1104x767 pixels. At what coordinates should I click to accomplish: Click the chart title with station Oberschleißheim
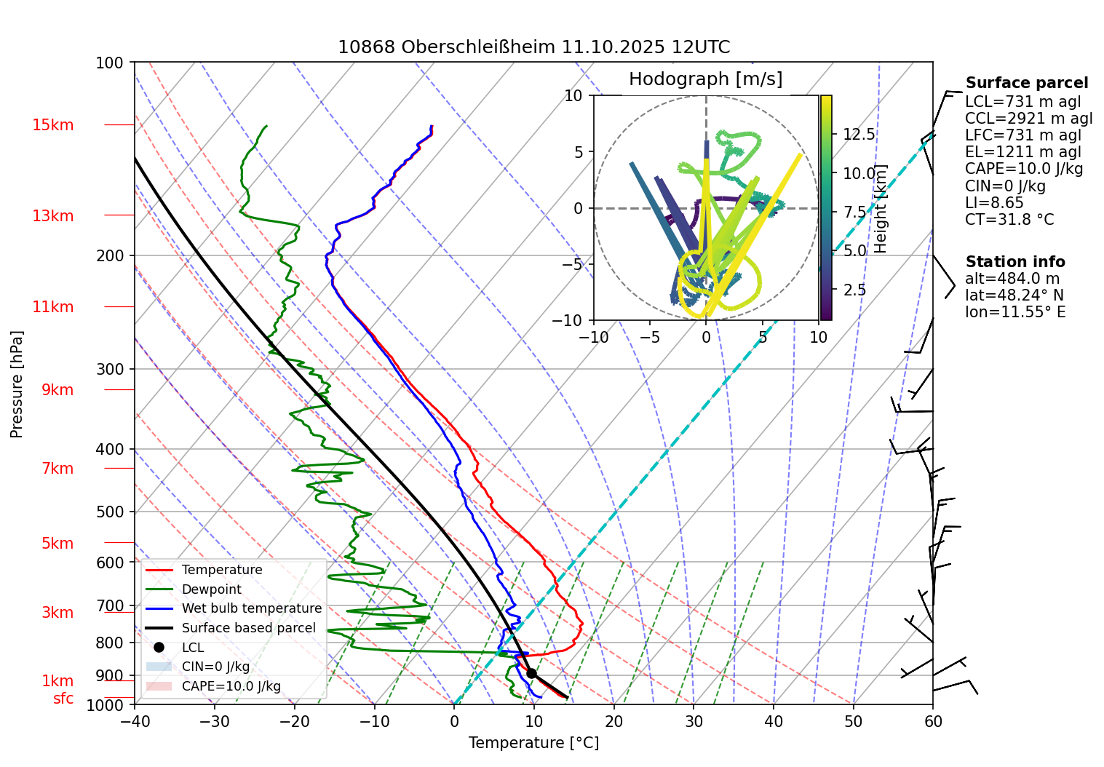[x=533, y=47]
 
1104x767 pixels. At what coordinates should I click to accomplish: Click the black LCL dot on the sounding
[x=532, y=673]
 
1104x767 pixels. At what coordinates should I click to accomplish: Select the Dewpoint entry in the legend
[x=211, y=589]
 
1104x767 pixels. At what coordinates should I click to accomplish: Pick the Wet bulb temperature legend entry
[x=251, y=608]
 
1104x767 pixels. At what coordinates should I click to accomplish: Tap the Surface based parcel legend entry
[x=248, y=628]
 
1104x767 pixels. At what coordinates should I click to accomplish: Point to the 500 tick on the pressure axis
[x=110, y=512]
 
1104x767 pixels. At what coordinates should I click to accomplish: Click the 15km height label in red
[x=52, y=125]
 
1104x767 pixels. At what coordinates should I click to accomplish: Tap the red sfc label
[x=63, y=699]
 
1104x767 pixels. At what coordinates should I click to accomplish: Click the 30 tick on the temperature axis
[x=694, y=722]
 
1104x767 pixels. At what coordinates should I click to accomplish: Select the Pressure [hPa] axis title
[x=17, y=384]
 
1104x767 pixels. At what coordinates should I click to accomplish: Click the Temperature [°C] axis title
[x=533, y=743]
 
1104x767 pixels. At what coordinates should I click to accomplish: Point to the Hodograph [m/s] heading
[x=705, y=79]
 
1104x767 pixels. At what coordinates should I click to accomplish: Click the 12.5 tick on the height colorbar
[x=859, y=135]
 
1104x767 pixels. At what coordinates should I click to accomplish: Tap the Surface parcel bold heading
[x=1026, y=83]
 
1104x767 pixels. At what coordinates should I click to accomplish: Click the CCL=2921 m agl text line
[x=1028, y=119]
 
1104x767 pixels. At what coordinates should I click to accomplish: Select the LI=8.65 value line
[x=994, y=203]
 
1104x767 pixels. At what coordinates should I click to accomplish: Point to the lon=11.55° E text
[x=1015, y=312]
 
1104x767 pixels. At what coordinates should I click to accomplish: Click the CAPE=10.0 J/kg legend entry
[x=231, y=686]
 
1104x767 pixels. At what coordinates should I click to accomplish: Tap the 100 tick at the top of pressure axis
[x=110, y=63]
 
